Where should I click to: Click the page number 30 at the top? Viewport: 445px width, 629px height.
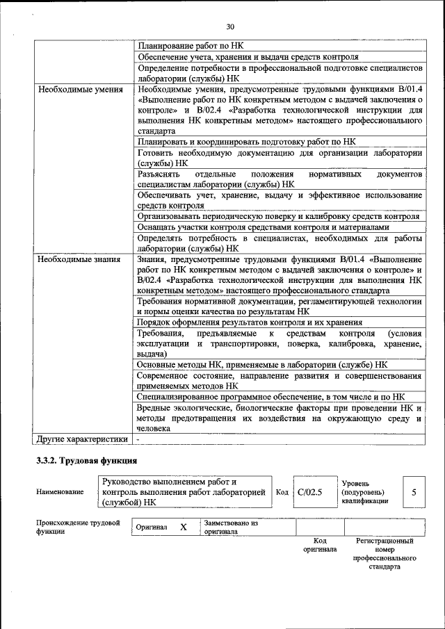tap(230, 26)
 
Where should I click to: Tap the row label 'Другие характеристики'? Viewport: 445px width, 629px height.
tap(83, 439)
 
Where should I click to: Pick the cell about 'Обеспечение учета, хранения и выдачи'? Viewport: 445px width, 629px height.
tap(248, 57)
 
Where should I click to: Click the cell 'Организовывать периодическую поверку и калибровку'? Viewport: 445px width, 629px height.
tap(278, 216)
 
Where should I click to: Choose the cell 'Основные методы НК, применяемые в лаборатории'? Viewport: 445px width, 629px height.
tap(263, 364)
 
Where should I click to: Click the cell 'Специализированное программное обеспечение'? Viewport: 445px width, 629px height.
tap(271, 396)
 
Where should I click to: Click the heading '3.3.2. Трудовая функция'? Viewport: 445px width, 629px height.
tap(87, 461)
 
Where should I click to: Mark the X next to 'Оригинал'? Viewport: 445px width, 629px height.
tap(184, 527)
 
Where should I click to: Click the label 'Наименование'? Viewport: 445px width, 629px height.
tap(60, 492)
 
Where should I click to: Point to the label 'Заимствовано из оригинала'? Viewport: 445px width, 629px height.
tap(231, 527)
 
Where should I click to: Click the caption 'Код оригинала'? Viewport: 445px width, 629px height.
tap(320, 545)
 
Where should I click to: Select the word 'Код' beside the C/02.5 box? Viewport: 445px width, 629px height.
tap(282, 492)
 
